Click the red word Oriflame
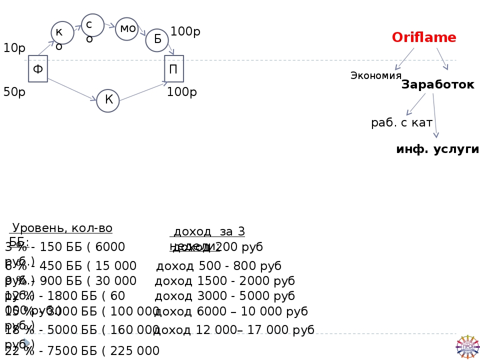tap(424, 37)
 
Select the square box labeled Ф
tap(38, 69)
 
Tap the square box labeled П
tap(173, 69)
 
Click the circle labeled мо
tap(127, 29)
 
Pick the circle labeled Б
tap(157, 40)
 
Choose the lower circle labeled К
tap(108, 100)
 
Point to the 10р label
tap(14, 48)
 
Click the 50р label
tap(14, 92)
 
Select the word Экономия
tap(376, 75)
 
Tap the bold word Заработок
tap(437, 85)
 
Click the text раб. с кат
tap(401, 123)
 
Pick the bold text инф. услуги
tap(437, 149)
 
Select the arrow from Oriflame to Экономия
tap(404, 59)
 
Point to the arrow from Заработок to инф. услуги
tap(434, 115)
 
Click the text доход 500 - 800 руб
tap(219, 266)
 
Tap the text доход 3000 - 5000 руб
tap(224, 296)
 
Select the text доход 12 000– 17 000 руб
tap(234, 330)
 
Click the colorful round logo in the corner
tap(467, 346)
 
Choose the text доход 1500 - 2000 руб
tap(224, 281)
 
